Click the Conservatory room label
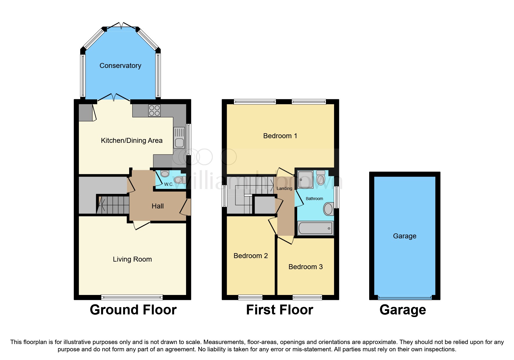point(120,66)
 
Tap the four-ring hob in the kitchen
point(154,110)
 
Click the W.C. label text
point(169,184)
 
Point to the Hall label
point(158,206)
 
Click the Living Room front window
point(132,297)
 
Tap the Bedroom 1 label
point(280,136)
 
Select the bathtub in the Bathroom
point(315,228)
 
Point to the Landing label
point(284,188)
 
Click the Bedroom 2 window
point(250,297)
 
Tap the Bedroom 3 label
point(305,267)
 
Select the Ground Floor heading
point(133,310)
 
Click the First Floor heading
point(279,310)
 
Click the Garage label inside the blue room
point(405,236)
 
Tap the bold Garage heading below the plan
point(403,310)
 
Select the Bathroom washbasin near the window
point(328,209)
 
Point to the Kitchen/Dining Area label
point(131,141)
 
